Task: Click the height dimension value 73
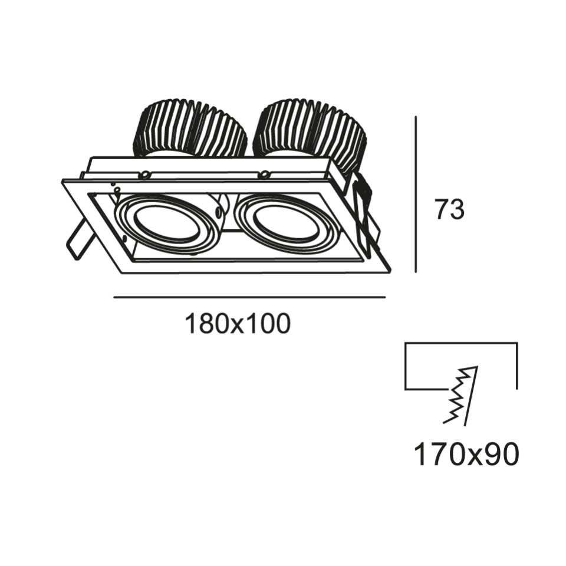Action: click(x=449, y=210)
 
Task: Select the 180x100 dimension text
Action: click(x=238, y=324)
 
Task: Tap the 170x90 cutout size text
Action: click(x=466, y=455)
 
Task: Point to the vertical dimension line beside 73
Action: click(x=416, y=195)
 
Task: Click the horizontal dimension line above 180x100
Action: click(x=249, y=297)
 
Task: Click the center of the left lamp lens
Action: click(x=167, y=224)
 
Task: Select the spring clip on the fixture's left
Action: click(x=78, y=239)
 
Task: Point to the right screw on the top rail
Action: click(x=265, y=174)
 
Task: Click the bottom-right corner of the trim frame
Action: click(x=389, y=271)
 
